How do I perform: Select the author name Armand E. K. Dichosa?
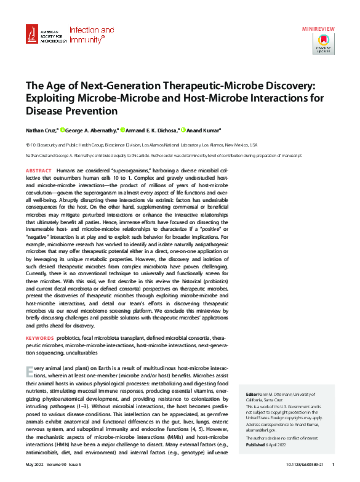point(151,130)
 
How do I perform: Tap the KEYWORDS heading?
point(39,338)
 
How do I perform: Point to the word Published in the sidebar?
point(256,444)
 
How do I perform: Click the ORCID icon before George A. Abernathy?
point(63,130)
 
